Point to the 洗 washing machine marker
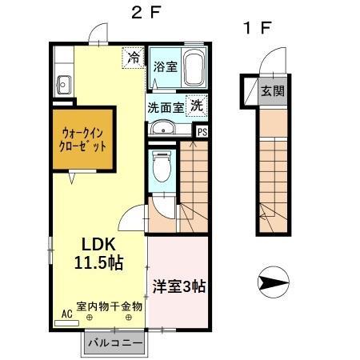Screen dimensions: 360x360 (x=196, y=104)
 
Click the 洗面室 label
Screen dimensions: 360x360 (x=166, y=106)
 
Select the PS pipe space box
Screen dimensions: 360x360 (x=202, y=132)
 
